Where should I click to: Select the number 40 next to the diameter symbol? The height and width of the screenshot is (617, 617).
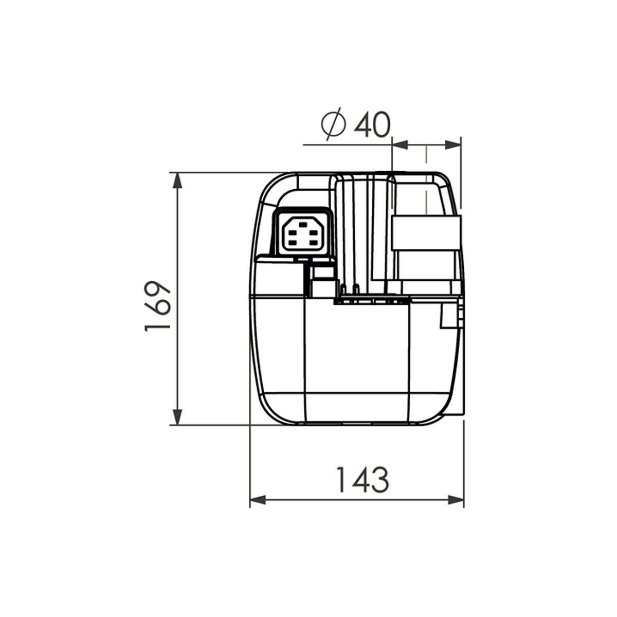(372, 125)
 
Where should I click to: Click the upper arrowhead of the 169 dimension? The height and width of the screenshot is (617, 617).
(177, 181)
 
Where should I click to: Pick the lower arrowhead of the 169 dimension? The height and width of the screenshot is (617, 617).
(177, 417)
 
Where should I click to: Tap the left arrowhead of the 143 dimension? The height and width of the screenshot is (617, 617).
(258, 508)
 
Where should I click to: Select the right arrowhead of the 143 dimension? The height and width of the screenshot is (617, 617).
(456, 508)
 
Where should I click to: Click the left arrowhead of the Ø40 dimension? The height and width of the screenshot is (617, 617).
(400, 144)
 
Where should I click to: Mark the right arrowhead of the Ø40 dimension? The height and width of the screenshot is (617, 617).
(453, 144)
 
